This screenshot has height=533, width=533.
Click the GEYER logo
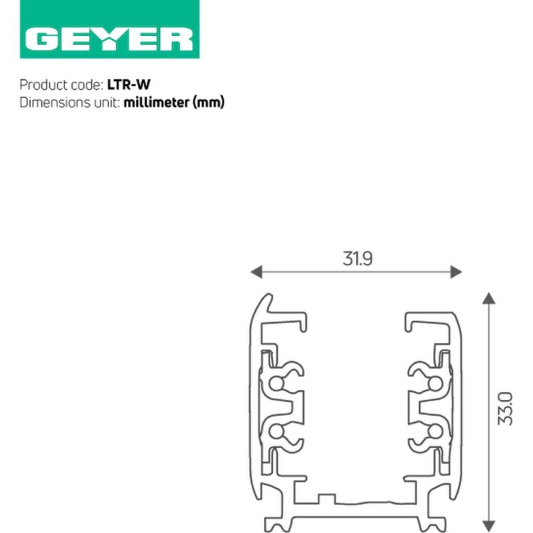pos(109,29)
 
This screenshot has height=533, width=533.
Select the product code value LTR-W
pos(129,85)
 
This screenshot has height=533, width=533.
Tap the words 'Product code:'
pos(61,85)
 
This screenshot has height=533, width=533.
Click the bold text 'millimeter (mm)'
pos(174,103)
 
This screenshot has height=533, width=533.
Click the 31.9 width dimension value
pos(358,259)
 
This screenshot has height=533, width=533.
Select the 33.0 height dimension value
pos(505,408)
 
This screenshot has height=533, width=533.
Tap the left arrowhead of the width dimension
pos(257,272)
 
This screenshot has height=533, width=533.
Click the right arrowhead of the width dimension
pos(456,272)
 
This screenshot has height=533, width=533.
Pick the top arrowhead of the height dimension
pos(489,298)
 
